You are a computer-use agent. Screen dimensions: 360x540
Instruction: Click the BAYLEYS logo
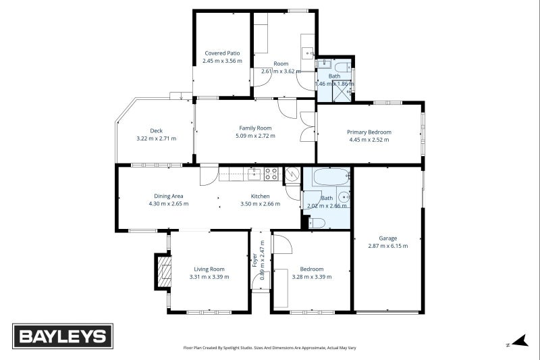(63, 336)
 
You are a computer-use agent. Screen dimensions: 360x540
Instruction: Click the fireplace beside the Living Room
(163, 272)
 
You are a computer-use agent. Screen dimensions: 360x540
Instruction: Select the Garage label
(387, 238)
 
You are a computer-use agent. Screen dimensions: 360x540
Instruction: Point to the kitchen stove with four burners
(271, 174)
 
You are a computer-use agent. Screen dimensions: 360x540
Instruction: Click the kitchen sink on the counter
(254, 174)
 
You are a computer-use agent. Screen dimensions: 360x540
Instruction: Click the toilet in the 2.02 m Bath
(318, 222)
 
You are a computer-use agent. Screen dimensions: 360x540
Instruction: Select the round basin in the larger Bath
(344, 198)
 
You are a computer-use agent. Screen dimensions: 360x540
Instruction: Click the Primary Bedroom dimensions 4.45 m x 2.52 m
(369, 140)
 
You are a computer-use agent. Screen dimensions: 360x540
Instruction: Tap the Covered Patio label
(222, 53)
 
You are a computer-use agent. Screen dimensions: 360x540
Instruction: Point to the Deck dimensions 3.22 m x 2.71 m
(156, 138)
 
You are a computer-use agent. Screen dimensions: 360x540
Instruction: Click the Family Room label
(255, 128)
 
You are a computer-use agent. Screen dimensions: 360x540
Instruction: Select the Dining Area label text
(168, 196)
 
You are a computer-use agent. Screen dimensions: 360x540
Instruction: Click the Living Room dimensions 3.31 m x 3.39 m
(209, 277)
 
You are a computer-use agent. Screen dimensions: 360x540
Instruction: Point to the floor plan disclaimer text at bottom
(269, 348)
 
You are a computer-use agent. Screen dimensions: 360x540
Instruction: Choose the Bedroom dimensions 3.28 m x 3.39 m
(311, 277)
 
